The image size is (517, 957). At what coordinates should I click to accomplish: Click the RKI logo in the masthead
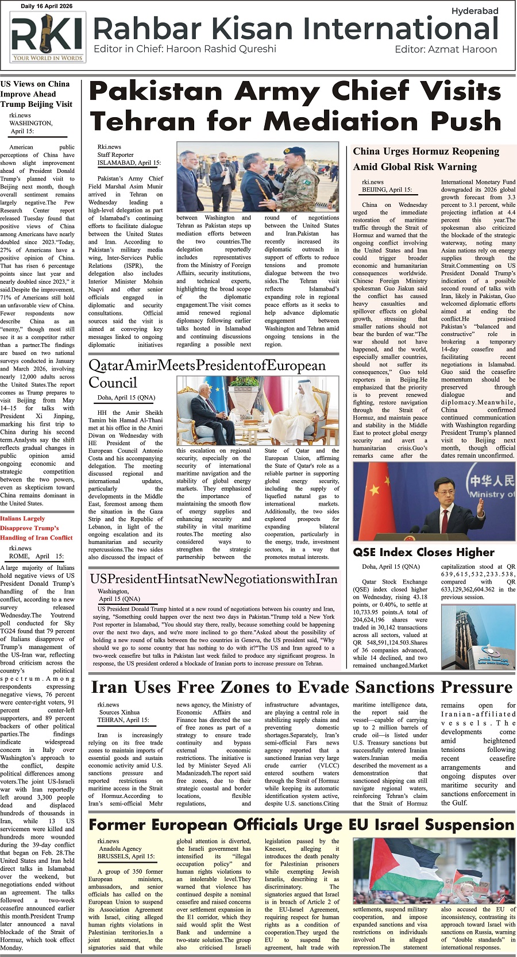click(48, 38)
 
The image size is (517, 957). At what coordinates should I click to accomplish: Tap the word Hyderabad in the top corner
click(474, 11)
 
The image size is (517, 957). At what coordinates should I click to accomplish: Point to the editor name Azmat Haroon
click(462, 49)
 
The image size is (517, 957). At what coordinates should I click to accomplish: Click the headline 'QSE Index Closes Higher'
click(423, 552)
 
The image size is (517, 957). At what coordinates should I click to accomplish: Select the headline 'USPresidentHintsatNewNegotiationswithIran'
click(214, 579)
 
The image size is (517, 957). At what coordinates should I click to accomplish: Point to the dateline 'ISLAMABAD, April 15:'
click(129, 163)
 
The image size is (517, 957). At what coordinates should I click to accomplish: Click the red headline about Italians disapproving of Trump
click(37, 527)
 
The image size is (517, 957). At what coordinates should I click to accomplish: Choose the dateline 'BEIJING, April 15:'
click(387, 190)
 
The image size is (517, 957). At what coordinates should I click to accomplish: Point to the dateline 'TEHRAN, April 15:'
click(123, 720)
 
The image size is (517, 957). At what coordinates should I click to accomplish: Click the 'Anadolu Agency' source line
click(120, 848)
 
